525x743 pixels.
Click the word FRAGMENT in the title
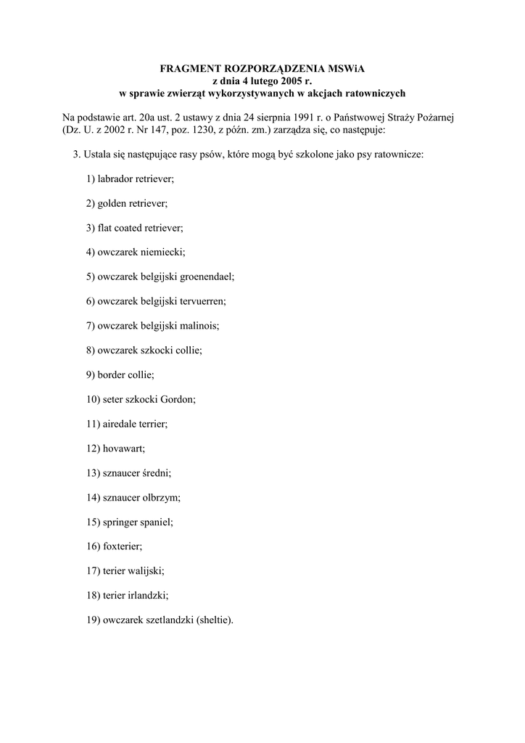coord(189,68)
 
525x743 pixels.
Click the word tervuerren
coord(200,301)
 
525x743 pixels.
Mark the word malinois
coord(196,326)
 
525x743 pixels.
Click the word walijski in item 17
coord(149,572)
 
